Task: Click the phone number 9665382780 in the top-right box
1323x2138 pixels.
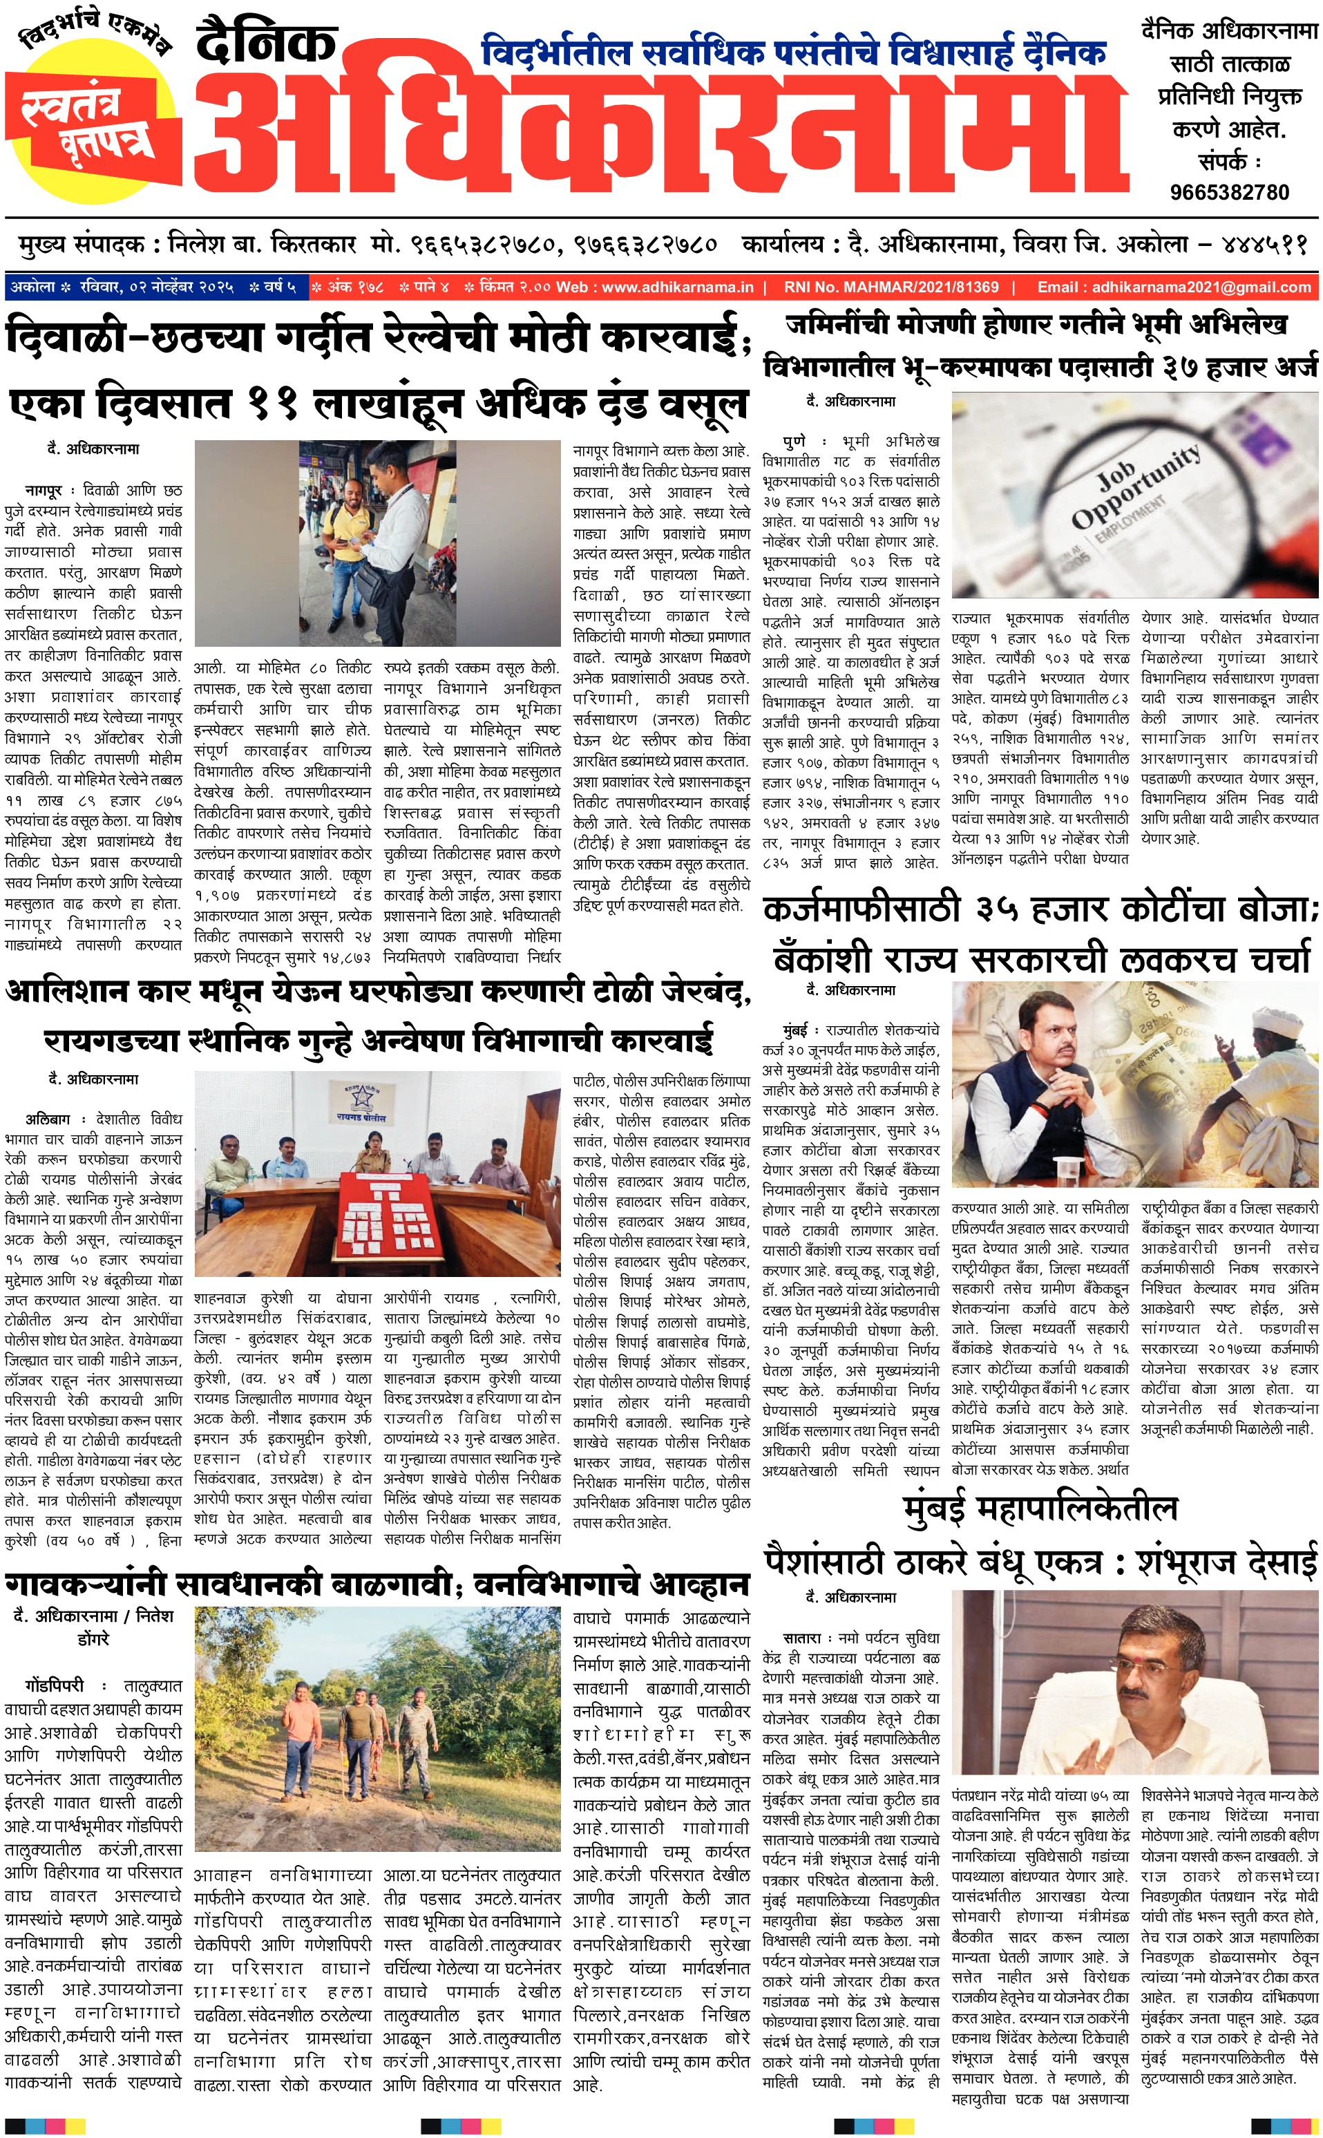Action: (1229, 193)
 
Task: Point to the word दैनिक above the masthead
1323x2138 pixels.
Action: (266, 42)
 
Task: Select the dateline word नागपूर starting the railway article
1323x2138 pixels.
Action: (43, 491)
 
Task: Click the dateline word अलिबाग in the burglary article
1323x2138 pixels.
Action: (47, 1119)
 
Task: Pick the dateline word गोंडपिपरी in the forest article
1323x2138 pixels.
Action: (55, 1685)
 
